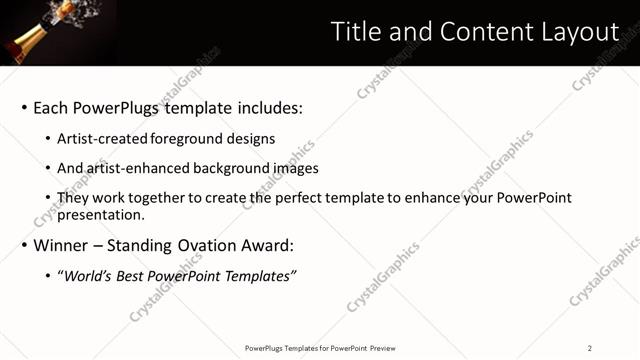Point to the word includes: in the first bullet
coord(266,108)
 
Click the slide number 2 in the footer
coord(589,348)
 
